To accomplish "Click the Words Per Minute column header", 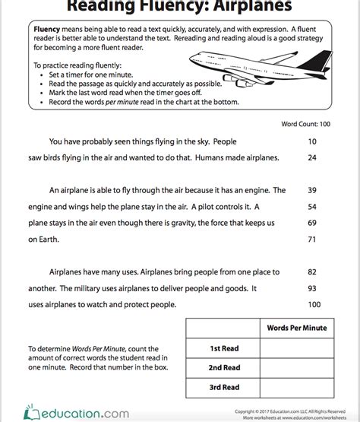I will click(x=296, y=328).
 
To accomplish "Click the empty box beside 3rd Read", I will click(x=296, y=386).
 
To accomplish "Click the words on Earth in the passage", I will click(x=43, y=240).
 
